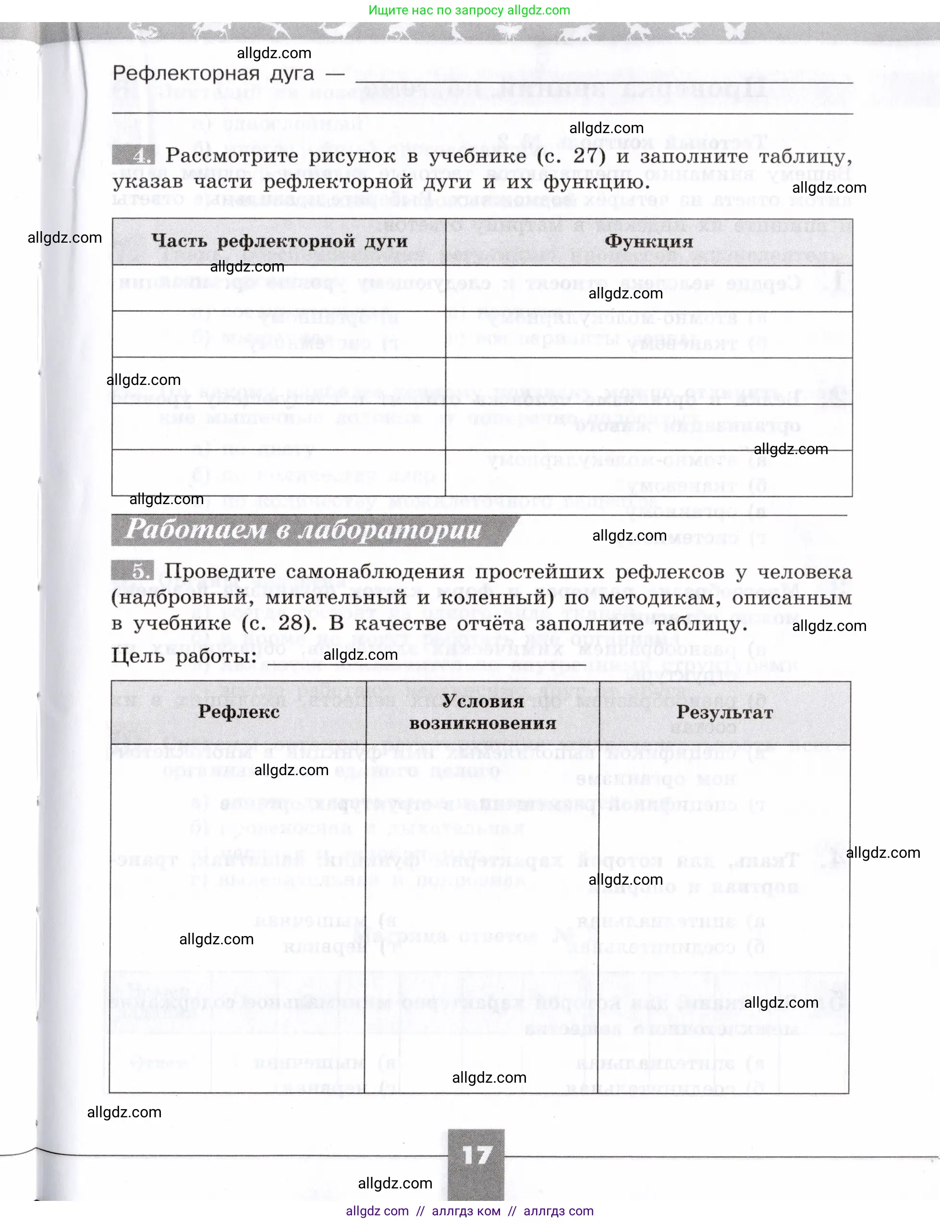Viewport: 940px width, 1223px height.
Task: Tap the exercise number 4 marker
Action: tap(133, 154)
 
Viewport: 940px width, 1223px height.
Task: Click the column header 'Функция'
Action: tap(648, 241)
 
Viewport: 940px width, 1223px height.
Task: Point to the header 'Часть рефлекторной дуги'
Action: tap(279, 241)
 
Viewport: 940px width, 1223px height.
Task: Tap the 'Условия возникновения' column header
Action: tap(482, 712)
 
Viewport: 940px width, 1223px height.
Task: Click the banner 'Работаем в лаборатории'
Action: tap(302, 530)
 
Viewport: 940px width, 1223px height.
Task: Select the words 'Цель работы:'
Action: tap(183, 655)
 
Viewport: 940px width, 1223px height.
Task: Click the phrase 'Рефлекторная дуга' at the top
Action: tap(213, 74)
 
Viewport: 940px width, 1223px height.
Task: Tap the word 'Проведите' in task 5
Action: tap(220, 571)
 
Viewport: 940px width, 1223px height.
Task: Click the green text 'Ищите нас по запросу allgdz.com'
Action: tap(469, 10)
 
